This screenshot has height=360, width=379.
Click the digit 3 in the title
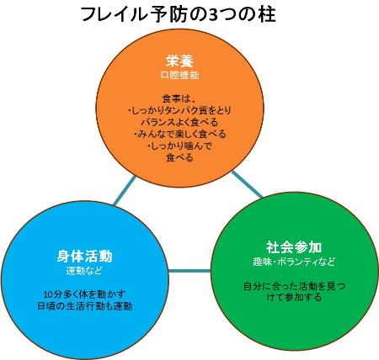[215, 15]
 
